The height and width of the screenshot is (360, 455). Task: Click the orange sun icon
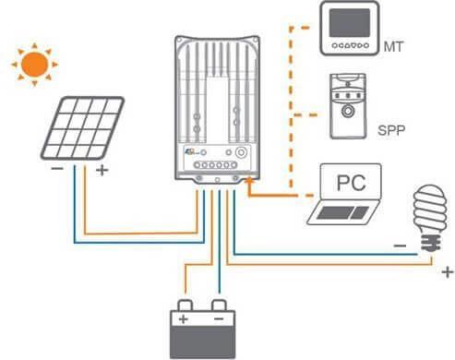[x=34, y=64]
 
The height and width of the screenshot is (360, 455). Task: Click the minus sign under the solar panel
[x=56, y=170]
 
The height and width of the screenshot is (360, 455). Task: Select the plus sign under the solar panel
[x=101, y=171]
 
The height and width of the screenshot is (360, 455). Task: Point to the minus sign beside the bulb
[x=399, y=246]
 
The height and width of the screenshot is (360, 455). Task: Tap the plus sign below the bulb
[x=447, y=272]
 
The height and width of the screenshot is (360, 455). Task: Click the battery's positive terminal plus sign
[x=182, y=319]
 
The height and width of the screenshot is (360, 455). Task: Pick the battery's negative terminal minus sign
[x=220, y=319]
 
